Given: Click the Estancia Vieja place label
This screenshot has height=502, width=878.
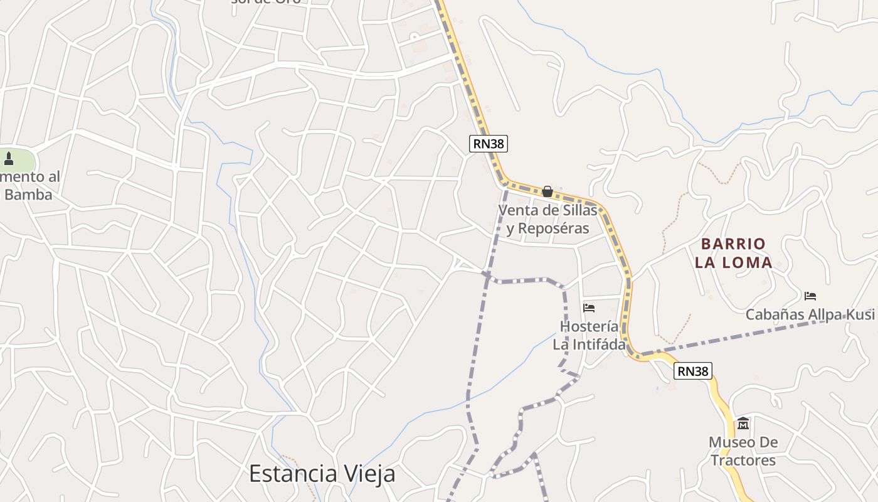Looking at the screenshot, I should tap(322, 473).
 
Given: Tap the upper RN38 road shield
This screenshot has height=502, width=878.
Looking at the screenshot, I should tap(488, 144).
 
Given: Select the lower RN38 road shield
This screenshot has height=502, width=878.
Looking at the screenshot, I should tap(693, 371).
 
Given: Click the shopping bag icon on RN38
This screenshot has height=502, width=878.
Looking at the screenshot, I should tap(547, 191).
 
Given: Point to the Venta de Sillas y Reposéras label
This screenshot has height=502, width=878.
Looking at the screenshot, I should tap(547, 219).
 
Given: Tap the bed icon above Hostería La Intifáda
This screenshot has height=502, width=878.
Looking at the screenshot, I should tap(589, 307).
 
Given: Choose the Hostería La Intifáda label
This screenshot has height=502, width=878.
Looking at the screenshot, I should tap(589, 335).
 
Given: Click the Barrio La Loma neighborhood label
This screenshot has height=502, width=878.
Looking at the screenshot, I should tap(733, 253).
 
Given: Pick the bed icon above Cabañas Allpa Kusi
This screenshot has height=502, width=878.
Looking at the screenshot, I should tap(810, 296).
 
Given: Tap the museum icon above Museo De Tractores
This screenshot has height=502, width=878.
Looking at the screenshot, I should tap(743, 424).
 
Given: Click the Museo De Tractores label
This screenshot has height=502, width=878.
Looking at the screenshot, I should tap(743, 451).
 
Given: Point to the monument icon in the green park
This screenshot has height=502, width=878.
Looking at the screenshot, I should tap(9, 158).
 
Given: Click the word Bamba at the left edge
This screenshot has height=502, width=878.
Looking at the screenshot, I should tap(28, 195).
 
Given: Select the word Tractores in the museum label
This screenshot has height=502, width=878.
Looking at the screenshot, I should tap(743, 460).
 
